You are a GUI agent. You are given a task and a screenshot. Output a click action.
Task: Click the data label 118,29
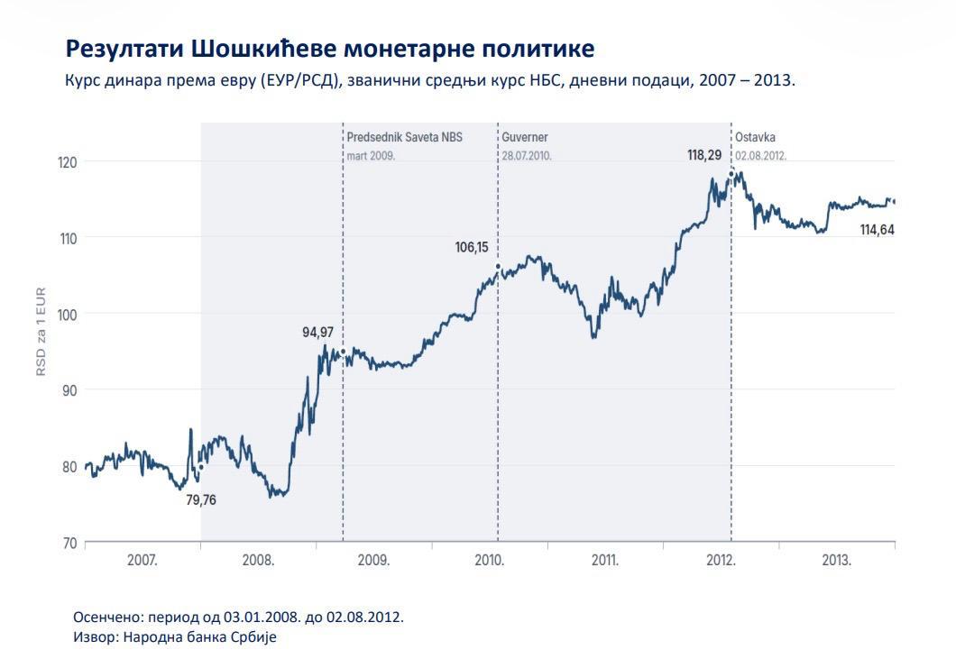(704, 155)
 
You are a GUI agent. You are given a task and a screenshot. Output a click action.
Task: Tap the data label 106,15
(472, 247)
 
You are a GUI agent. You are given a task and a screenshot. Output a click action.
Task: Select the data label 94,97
(317, 333)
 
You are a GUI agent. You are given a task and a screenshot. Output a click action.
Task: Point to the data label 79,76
(200, 500)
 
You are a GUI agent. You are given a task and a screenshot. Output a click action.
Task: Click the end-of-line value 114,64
(877, 230)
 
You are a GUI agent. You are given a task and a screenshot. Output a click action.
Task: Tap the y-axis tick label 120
(67, 163)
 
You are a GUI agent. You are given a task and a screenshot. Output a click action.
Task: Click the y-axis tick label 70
(69, 544)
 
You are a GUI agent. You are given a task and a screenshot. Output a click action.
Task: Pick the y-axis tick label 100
(67, 316)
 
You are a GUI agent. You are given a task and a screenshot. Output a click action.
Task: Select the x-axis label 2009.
(373, 560)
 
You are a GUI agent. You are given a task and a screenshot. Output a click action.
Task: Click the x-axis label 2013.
(836, 560)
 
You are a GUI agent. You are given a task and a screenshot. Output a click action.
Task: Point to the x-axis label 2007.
(142, 560)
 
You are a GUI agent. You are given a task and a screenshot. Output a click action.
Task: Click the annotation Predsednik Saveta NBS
(405, 137)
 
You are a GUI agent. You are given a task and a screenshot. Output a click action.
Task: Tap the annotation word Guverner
(525, 137)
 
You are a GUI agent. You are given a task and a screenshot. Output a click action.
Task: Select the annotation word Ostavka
(755, 137)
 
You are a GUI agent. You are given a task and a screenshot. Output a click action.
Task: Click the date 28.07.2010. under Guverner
(527, 156)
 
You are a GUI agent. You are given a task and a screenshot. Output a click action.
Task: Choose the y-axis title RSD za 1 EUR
(41, 332)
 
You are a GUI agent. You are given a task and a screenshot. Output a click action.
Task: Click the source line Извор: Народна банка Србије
(175, 637)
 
